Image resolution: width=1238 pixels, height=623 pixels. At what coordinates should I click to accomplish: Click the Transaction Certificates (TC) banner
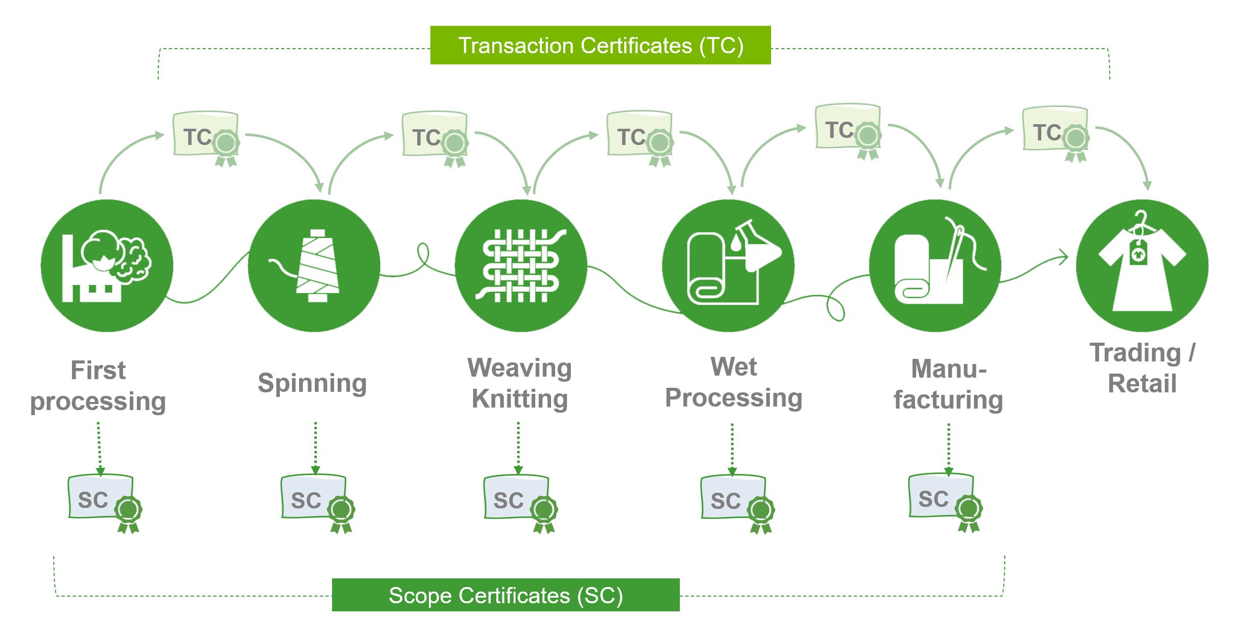(600, 45)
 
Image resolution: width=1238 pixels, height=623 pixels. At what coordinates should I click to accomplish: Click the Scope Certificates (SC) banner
(505, 595)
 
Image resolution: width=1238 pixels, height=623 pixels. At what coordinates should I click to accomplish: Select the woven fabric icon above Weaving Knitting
(521, 266)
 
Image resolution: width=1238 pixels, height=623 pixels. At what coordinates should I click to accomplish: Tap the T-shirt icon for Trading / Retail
(1142, 267)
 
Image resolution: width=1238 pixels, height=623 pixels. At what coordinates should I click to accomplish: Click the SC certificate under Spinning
(314, 499)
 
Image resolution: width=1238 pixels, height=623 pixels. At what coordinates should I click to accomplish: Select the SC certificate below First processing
(101, 499)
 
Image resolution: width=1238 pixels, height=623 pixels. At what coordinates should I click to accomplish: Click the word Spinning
(312, 383)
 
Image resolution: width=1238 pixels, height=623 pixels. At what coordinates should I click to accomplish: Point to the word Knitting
(520, 398)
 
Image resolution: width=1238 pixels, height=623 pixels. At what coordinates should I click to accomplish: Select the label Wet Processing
(734, 382)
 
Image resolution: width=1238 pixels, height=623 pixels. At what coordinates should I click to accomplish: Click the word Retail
(1142, 383)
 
